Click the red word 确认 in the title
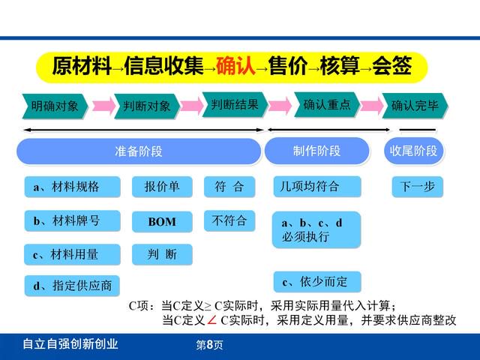[x=235, y=65]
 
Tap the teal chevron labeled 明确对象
[x=55, y=106]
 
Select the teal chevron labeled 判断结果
[x=235, y=105]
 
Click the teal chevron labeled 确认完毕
[x=415, y=106]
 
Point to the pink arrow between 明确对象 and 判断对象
[x=103, y=106]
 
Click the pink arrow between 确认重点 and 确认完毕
[x=371, y=106]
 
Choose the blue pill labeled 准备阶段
[x=139, y=151]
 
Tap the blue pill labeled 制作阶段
[x=316, y=151]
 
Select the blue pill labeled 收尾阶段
[x=413, y=151]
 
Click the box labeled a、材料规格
[x=72, y=187]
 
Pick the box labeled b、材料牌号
[x=72, y=220]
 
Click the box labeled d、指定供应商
[x=72, y=286]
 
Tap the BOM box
[x=162, y=222]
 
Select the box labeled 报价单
[x=162, y=187]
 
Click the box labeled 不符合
[x=229, y=220]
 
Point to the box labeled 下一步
[x=418, y=187]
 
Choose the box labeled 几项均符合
[x=317, y=187]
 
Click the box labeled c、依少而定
[x=317, y=282]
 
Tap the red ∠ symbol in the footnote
[x=211, y=320]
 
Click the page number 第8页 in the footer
[x=209, y=345]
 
